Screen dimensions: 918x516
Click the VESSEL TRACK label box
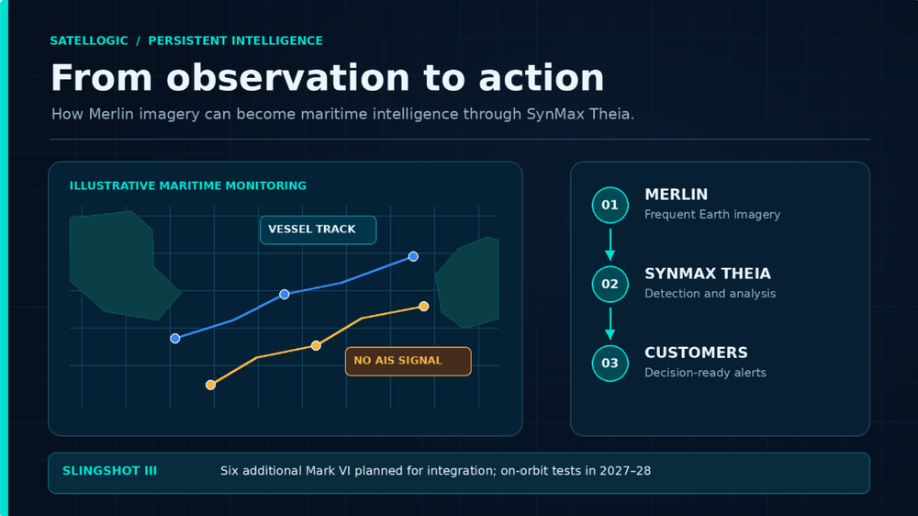[x=318, y=230]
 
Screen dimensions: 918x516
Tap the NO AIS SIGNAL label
[x=409, y=361]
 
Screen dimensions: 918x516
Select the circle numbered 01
[x=610, y=205]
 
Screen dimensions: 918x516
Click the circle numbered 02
[x=610, y=284]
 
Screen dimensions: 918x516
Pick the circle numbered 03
[x=610, y=364]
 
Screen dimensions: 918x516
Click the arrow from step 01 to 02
[x=610, y=244]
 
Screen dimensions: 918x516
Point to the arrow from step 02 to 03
[x=610, y=323]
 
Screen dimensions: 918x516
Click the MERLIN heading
[x=677, y=195]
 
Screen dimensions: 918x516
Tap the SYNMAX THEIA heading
[x=708, y=274]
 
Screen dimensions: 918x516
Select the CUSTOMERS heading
[x=696, y=353]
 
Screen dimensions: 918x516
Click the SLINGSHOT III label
[x=109, y=471]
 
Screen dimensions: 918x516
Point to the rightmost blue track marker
[x=413, y=256]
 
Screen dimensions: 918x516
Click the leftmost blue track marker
[x=175, y=339]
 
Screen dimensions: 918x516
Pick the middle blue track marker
[x=285, y=294]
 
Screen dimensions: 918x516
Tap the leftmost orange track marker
[x=211, y=385]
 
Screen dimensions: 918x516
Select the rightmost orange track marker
[x=424, y=307]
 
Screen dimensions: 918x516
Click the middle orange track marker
[x=316, y=345]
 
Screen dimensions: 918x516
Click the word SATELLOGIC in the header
[x=89, y=41]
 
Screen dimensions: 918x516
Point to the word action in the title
[x=542, y=78]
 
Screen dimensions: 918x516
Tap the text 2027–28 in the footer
[x=624, y=471]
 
